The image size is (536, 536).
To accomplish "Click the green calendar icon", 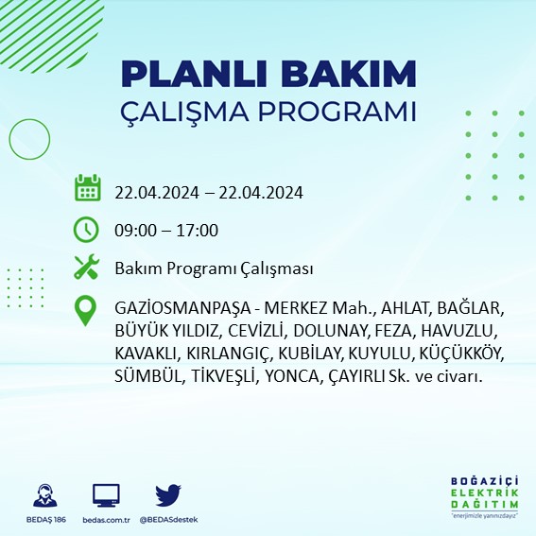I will tap(87, 188).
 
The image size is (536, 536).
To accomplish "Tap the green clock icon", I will tap(87, 229).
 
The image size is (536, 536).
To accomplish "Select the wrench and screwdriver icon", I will tap(87, 268).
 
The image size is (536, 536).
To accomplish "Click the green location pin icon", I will tap(87, 310).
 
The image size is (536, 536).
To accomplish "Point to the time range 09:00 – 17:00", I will tap(166, 230).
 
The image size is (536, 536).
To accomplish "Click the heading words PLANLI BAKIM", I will tap(269, 73).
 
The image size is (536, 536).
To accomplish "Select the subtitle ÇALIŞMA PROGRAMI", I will tap(269, 111).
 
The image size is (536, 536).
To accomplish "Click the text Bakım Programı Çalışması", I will tap(214, 268).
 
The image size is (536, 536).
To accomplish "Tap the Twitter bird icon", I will tap(168, 495).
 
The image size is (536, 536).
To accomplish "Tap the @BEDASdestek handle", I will tap(168, 520).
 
